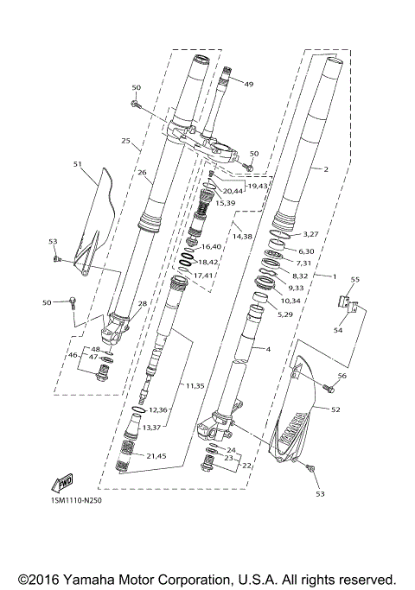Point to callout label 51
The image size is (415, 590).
point(78,164)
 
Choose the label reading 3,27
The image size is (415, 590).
point(310,233)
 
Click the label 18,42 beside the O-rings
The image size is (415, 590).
point(208,262)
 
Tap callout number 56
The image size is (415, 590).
point(342,376)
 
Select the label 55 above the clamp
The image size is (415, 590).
point(354,280)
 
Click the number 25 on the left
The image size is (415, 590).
point(126,140)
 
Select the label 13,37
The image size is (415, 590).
point(153,427)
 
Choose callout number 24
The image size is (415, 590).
point(231,450)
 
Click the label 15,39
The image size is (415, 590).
point(225,202)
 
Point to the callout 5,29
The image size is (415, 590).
point(284,315)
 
